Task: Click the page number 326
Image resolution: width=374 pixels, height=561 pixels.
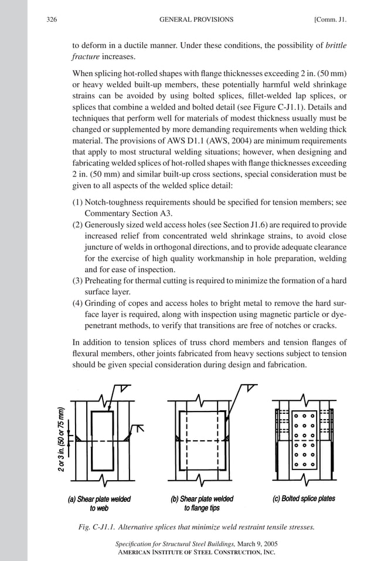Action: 51,19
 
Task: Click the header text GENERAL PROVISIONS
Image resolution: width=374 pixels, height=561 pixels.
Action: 196,19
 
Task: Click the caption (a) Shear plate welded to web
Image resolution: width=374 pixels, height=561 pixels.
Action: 99,504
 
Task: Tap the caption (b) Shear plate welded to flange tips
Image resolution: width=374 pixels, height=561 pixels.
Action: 202,504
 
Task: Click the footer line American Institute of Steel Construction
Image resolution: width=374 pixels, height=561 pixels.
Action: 196,552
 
